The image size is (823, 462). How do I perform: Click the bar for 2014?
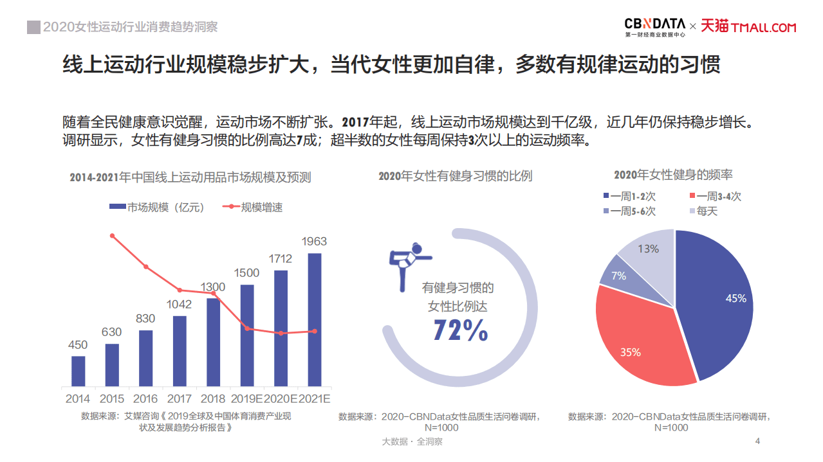pos(78,371)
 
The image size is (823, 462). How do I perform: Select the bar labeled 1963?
pos(315,319)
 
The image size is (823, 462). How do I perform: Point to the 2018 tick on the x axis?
pos(214,399)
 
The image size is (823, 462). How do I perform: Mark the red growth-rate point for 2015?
pos(112,236)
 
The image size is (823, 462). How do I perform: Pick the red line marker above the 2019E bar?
pos(247,328)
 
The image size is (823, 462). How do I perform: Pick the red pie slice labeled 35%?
pos(637,347)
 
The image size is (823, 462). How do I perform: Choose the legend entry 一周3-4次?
pos(715,197)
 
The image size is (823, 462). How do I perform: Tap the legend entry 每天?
pos(703,211)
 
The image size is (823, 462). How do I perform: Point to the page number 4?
pos(757,441)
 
